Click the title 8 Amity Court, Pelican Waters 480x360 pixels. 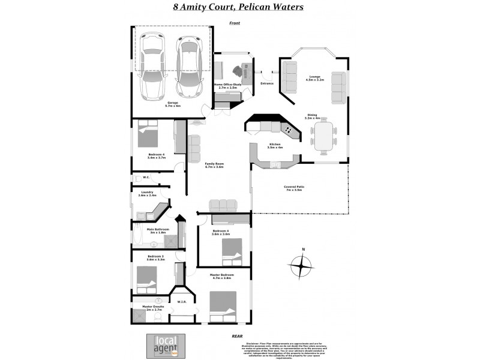point(238,8)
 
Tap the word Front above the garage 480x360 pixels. point(234,23)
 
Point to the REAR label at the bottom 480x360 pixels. point(237,337)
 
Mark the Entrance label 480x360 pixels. point(267,83)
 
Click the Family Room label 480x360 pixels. point(214,165)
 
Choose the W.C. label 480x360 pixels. point(146,177)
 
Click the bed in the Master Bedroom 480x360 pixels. point(223,307)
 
